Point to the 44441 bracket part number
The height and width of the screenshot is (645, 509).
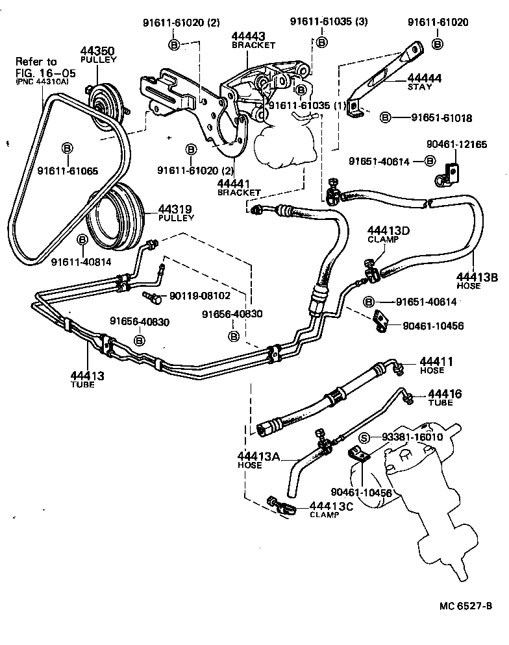(x=238, y=184)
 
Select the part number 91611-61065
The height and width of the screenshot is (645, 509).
(x=68, y=171)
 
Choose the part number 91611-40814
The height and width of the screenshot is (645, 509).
(x=82, y=262)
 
